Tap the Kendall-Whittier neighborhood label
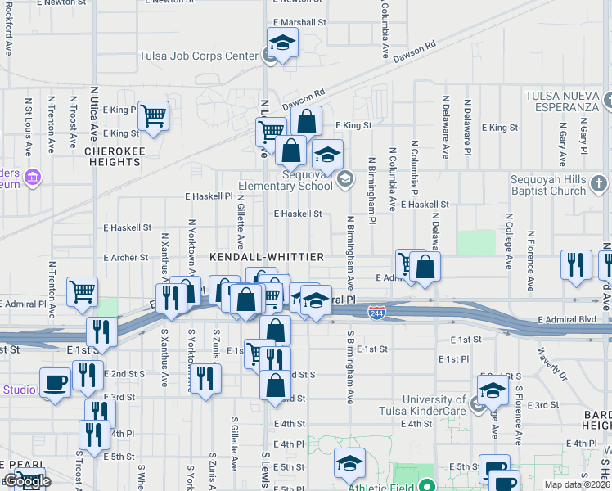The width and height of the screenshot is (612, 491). (x=267, y=256)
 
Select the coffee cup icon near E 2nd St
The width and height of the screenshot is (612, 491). (x=56, y=382)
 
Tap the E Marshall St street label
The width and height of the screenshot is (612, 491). (x=299, y=22)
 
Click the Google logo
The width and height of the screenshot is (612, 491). (x=27, y=481)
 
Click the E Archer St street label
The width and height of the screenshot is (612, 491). (x=126, y=257)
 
